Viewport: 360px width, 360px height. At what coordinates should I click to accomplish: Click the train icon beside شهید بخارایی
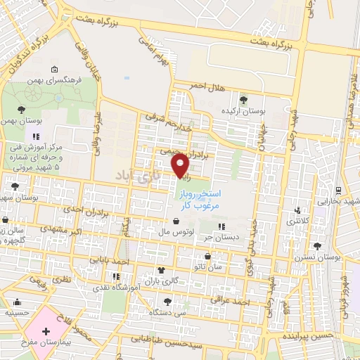click(339, 191)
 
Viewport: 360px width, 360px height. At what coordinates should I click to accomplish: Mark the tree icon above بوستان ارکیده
click(244, 100)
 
